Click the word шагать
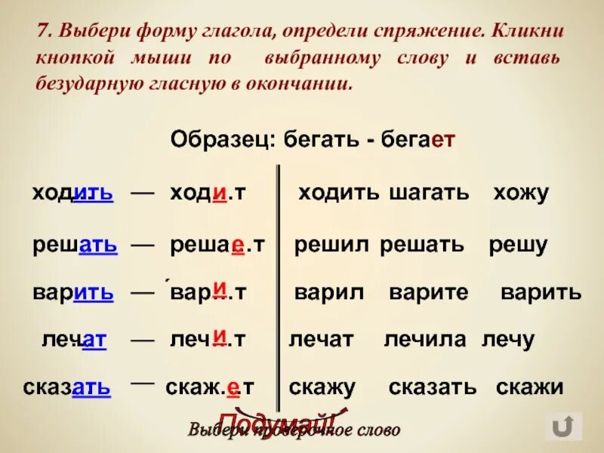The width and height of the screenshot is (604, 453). pyautogui.click(x=429, y=193)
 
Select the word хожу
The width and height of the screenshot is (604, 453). pyautogui.click(x=521, y=193)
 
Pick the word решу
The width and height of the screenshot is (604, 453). pyautogui.click(x=518, y=245)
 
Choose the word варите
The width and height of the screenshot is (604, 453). pyautogui.click(x=428, y=293)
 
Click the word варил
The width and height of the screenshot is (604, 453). pyautogui.click(x=329, y=293)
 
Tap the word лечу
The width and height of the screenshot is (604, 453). pyautogui.click(x=509, y=341)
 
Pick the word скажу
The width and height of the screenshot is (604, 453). pyautogui.click(x=322, y=388)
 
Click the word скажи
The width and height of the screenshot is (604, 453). pyautogui.click(x=530, y=388)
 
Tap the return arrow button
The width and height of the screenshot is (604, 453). pyautogui.click(x=563, y=427)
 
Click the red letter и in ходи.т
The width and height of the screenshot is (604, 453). pyautogui.click(x=220, y=193)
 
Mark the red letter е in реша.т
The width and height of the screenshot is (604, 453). pyautogui.click(x=237, y=245)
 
